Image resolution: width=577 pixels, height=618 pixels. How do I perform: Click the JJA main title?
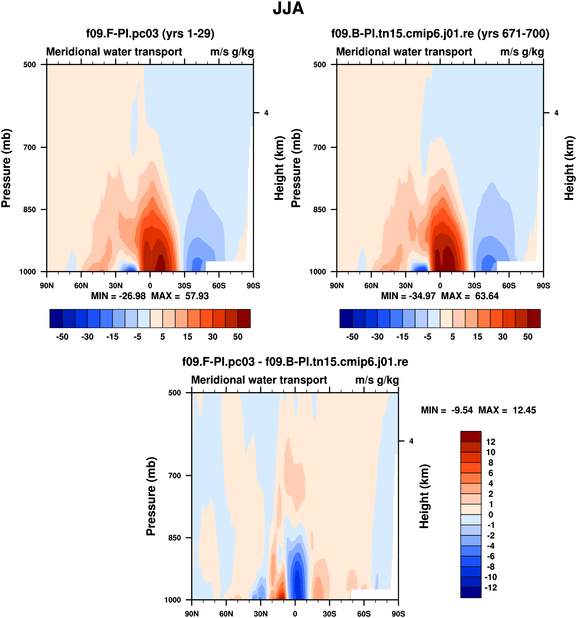[x=288, y=9]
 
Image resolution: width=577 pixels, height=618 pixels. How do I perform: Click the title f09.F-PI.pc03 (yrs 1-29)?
[x=150, y=33]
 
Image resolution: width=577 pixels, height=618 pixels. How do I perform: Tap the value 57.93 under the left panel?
[x=197, y=296]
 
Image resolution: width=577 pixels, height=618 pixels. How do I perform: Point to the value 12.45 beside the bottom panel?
[x=524, y=410]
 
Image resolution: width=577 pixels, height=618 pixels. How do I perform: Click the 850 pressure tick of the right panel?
[x=319, y=210]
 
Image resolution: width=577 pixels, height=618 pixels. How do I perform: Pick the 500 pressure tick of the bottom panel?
[x=174, y=393]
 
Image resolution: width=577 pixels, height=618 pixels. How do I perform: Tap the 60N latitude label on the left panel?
[x=81, y=286]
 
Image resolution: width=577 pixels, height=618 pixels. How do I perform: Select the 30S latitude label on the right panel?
[x=474, y=286]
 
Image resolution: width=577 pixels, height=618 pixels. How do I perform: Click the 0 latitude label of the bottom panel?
[x=295, y=614]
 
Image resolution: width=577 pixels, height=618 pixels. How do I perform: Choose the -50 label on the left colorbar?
[x=62, y=337]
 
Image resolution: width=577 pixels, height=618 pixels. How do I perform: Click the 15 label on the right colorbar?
[x=478, y=337]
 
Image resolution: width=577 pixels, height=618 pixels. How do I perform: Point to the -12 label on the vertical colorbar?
[x=491, y=588]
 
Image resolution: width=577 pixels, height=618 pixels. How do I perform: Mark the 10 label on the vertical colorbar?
[x=491, y=452]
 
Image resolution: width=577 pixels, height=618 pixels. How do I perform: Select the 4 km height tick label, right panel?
[x=556, y=113]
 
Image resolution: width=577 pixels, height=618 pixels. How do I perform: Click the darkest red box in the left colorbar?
[x=244, y=318]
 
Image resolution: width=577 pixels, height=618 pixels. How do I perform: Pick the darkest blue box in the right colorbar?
[x=346, y=318]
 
